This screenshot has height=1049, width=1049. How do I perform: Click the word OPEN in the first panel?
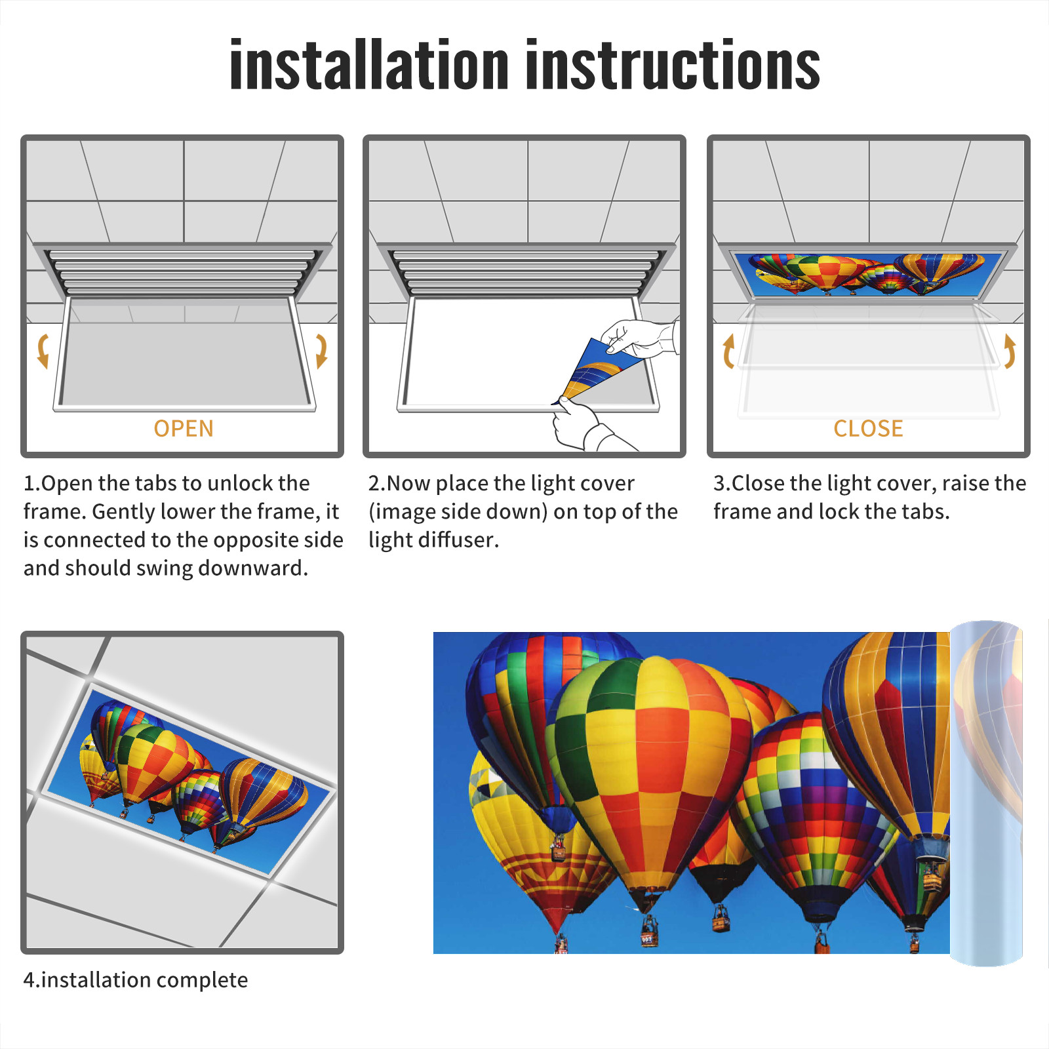pos(184,429)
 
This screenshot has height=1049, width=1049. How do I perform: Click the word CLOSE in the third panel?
pos(868,429)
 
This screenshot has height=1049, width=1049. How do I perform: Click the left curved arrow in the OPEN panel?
pos(43,351)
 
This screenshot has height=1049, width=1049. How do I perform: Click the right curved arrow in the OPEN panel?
pos(321,351)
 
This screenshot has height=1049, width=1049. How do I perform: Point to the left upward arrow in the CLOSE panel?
pos(728,351)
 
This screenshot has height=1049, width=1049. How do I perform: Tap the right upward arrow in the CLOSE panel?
pos(1010,351)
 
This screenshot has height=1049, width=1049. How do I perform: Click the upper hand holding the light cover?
pos(639,338)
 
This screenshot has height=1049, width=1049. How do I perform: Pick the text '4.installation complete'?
pos(136,980)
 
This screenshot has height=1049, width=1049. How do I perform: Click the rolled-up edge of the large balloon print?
pos(986,793)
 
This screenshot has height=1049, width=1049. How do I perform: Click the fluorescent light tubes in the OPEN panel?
pos(182,272)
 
